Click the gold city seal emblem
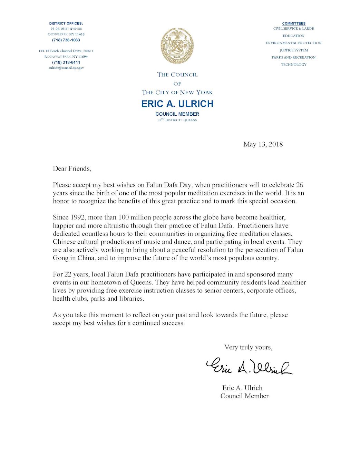tap(177, 46)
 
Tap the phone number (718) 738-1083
tap(66, 40)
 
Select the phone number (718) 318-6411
tap(66, 62)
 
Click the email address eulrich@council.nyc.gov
tap(66, 68)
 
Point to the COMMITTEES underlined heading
tap(294, 23)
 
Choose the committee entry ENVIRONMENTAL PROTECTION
tap(293, 43)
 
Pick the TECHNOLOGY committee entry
tap(293, 65)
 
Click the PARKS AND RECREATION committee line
tap(293, 57)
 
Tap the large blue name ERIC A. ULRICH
tap(177, 104)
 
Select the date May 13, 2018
tap(263, 144)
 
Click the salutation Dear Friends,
tap(72, 168)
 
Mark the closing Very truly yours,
tap(248, 347)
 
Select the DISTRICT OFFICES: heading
tap(66, 23)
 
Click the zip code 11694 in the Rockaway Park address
tap(83, 57)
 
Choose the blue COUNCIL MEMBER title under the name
tap(177, 114)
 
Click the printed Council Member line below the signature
tap(244, 396)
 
